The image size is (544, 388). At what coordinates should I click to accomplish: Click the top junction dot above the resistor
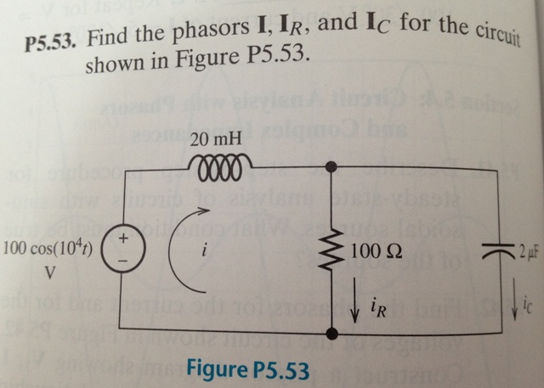pos(329,168)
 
